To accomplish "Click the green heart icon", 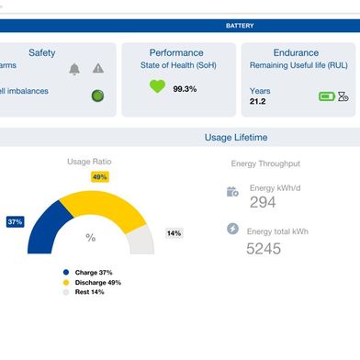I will (157, 87).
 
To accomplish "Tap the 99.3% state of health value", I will (185, 89).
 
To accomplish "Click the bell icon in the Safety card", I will (74, 69).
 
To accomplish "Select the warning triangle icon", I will (98, 69).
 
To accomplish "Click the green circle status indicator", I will (97, 96).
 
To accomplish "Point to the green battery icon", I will (326, 96).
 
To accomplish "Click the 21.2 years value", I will (257, 102).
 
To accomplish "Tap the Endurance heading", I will (296, 53).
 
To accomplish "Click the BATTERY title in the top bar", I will (240, 26).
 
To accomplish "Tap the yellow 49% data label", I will (99, 176).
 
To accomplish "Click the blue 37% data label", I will (15, 222).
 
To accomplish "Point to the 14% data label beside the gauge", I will (174, 233).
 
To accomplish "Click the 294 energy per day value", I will (263, 202).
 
